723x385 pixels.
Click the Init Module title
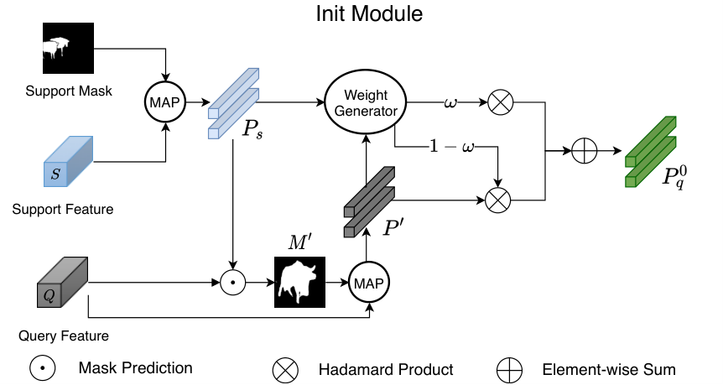(x=369, y=13)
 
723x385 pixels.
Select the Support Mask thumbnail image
(x=68, y=48)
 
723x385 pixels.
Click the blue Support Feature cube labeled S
(x=68, y=161)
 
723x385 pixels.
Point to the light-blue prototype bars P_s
(x=233, y=103)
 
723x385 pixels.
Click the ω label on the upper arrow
(x=450, y=101)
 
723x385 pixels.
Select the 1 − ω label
(x=451, y=147)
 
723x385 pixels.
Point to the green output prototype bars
(x=651, y=152)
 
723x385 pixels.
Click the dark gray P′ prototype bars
(x=369, y=202)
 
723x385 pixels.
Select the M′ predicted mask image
(x=299, y=282)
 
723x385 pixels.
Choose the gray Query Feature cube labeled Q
(x=62, y=282)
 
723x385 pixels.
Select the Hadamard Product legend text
(x=386, y=369)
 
